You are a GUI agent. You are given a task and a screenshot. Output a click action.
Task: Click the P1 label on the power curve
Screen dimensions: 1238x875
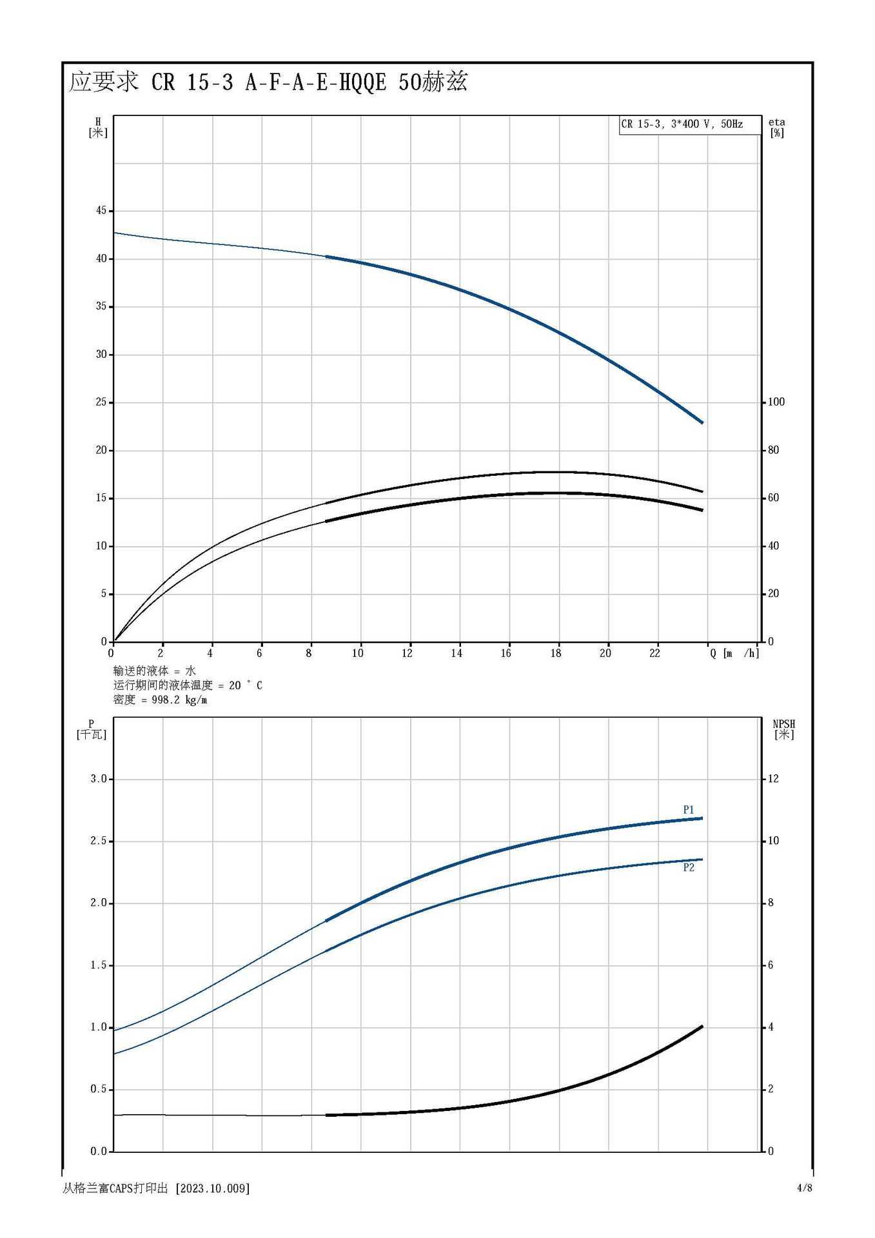689,809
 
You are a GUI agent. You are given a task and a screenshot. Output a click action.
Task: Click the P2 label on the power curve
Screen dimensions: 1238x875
689,867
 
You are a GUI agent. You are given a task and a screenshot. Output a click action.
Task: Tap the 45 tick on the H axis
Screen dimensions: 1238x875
101,210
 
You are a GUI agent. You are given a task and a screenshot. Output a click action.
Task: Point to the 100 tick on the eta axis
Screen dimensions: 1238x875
776,402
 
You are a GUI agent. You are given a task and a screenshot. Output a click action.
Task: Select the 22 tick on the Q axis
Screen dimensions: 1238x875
654,653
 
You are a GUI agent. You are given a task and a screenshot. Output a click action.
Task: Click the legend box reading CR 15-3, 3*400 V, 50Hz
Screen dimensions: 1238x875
689,124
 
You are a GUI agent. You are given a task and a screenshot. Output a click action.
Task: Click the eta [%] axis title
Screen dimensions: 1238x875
776,127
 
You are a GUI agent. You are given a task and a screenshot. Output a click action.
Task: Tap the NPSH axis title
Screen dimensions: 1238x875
783,729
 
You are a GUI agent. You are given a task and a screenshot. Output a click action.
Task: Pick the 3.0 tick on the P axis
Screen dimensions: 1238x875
99,778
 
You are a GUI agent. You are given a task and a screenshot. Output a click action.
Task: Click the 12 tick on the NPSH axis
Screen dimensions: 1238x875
773,778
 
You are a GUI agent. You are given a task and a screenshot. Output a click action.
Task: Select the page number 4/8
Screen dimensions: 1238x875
804,1188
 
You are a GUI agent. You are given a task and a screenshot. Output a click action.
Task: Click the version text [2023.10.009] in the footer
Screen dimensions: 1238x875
212,1188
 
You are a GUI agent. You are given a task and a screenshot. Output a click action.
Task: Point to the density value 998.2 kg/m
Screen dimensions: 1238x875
179,700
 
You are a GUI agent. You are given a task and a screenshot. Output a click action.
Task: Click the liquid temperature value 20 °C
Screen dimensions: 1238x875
246,685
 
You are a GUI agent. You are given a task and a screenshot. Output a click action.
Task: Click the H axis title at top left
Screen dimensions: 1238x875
98,127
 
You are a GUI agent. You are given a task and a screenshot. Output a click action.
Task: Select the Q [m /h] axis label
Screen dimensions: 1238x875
734,653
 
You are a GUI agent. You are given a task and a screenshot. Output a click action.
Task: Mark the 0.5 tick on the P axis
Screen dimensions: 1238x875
99,1089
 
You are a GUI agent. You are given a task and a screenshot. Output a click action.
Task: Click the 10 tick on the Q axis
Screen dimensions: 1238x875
357,653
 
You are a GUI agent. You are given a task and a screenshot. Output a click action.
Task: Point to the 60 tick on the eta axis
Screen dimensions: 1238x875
773,498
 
